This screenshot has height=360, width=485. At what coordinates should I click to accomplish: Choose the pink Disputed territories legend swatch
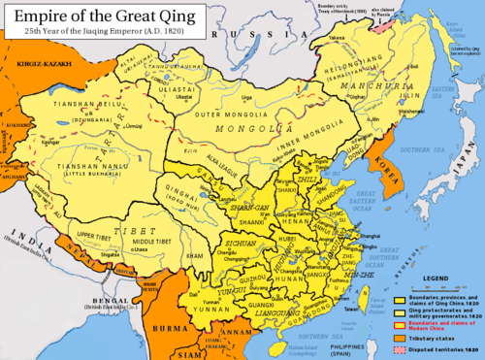(x=399, y=347)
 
